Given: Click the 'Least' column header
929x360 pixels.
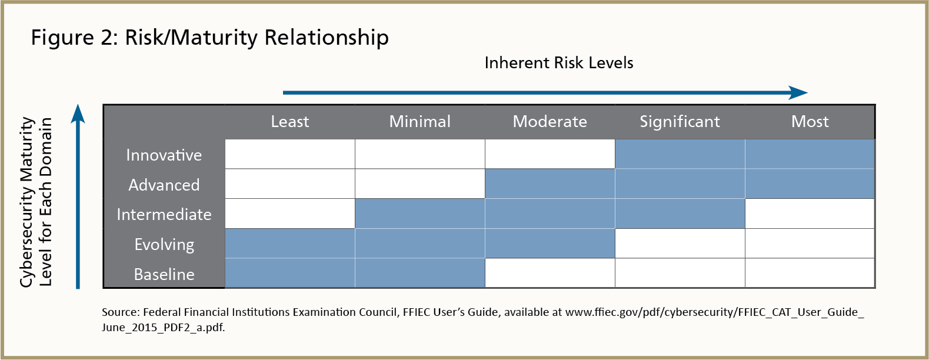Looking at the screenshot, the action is (290, 122).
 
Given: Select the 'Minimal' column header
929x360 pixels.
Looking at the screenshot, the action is (419, 122).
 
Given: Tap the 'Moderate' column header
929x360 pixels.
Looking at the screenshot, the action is (550, 122).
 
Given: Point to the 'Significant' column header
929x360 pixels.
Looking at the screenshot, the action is (680, 122).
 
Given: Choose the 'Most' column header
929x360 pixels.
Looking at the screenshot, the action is (810, 122).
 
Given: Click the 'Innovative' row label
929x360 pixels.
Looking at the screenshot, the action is (164, 155).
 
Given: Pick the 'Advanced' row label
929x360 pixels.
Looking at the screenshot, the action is (164, 185).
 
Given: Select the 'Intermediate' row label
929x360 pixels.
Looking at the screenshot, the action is (164, 215).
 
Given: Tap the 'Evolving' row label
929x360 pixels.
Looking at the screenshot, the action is (164, 245).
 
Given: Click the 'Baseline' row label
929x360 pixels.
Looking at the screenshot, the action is (164, 274).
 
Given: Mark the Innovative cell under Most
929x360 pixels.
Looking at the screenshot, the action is (810, 154).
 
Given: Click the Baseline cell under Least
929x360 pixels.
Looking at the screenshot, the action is (290, 273).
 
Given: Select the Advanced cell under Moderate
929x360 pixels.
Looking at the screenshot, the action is (550, 184).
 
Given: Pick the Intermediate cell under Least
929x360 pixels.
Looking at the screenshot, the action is (290, 214).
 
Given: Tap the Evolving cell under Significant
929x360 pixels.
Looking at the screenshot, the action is (680, 244).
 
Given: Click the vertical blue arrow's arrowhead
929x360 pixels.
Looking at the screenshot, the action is (78, 114).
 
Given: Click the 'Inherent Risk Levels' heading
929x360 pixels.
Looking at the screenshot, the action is (559, 63).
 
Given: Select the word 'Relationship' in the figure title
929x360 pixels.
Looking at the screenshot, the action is (327, 38).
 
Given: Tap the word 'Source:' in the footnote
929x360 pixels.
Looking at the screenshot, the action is (121, 312).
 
